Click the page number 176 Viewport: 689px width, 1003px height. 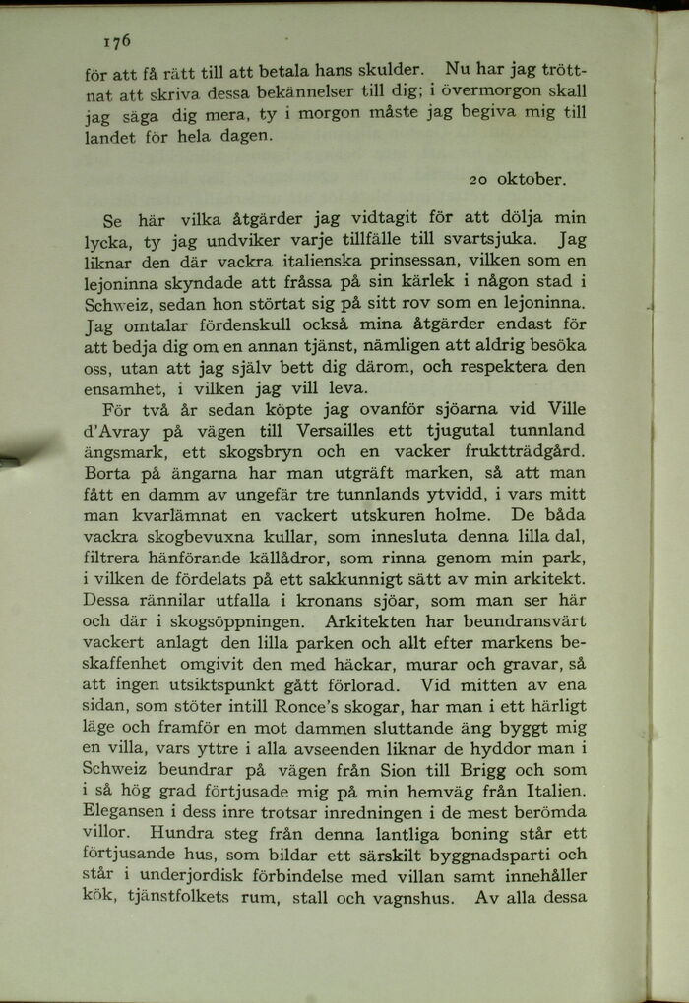(x=116, y=41)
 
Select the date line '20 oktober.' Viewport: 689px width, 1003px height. (x=518, y=180)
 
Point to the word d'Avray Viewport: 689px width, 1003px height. (x=113, y=431)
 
